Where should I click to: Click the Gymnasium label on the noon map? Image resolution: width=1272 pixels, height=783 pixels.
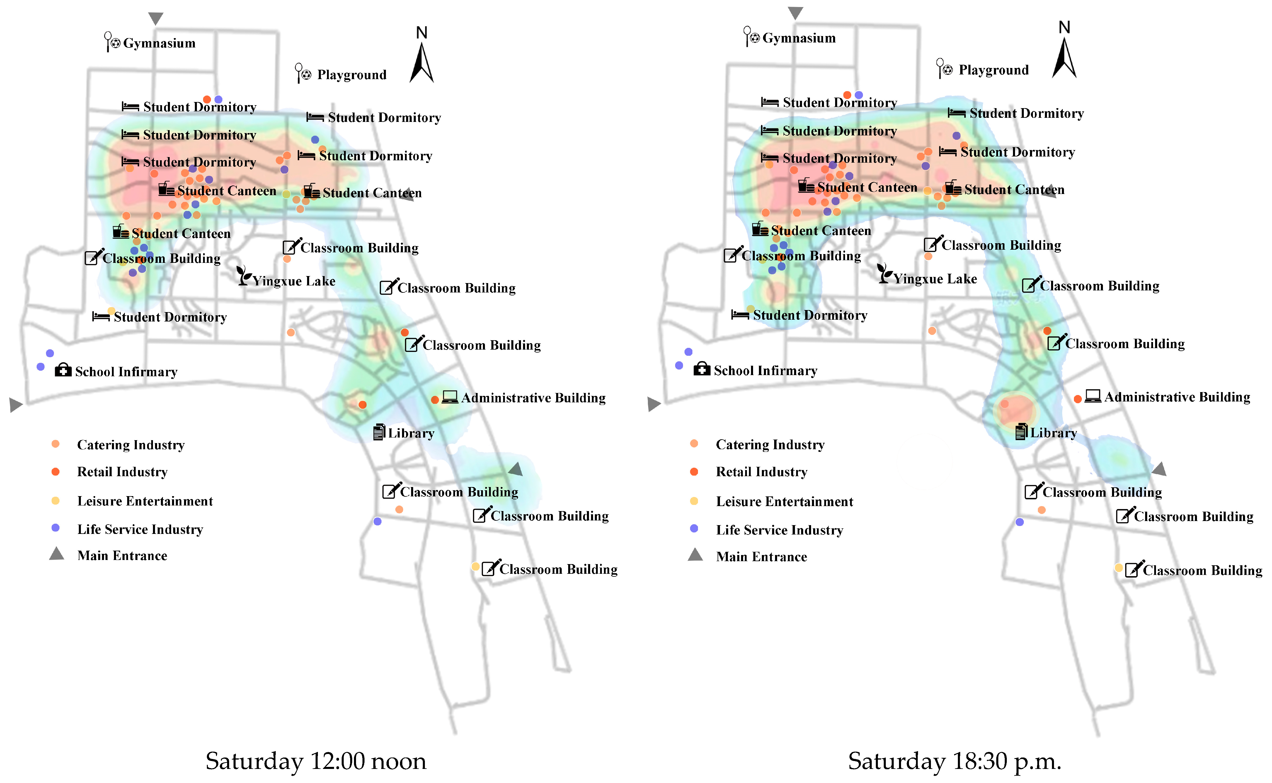click(159, 43)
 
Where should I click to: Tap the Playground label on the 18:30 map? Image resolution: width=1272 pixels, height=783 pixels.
click(993, 70)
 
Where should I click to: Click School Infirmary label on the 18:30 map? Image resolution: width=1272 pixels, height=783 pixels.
click(765, 370)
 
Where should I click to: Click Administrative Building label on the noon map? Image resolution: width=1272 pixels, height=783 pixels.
click(533, 398)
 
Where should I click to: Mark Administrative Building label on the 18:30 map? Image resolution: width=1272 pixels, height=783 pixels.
click(1177, 397)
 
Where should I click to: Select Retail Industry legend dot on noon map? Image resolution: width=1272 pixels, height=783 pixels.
click(55, 471)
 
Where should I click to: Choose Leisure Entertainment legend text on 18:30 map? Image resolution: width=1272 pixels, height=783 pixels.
click(784, 501)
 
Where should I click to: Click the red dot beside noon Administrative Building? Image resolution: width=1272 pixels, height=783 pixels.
click(435, 400)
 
